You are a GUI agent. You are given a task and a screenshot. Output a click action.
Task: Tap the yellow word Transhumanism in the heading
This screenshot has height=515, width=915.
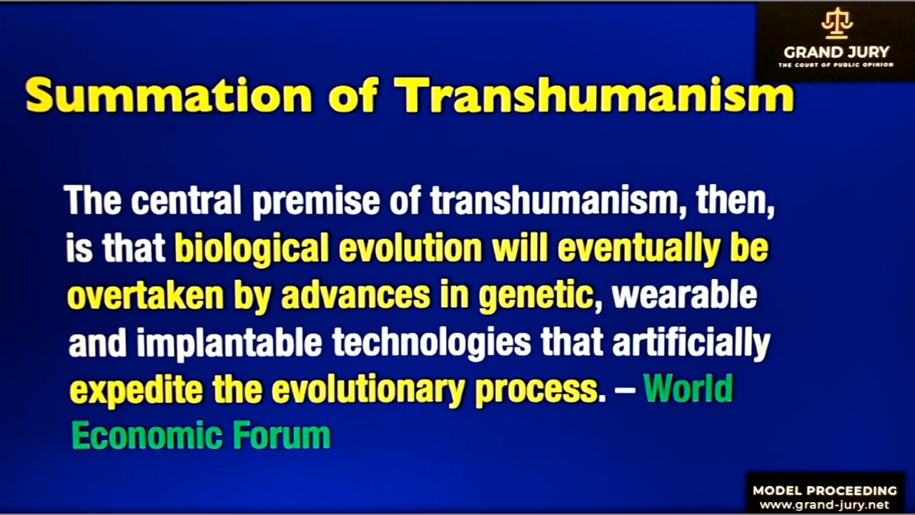(594, 94)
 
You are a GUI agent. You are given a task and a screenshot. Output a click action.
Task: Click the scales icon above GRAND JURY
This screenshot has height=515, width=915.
(837, 24)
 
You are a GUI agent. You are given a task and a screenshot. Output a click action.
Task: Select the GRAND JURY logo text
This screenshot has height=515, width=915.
(836, 52)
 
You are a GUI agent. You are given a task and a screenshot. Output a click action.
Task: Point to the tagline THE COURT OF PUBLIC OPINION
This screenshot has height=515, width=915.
(836, 65)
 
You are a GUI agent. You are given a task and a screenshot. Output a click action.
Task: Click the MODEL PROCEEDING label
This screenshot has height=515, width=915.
(825, 491)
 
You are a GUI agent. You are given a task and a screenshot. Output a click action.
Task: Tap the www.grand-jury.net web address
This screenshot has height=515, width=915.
(824, 505)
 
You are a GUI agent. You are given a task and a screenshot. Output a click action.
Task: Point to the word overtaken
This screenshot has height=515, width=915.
(145, 295)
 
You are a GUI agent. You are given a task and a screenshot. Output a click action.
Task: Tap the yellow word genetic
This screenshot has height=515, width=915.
(536, 297)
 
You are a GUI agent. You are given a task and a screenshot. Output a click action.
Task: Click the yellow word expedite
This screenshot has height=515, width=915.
(136, 391)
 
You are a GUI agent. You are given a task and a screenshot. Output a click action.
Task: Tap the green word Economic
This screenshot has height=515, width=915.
(147, 436)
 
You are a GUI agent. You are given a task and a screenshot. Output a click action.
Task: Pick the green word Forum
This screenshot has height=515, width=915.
(282, 436)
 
